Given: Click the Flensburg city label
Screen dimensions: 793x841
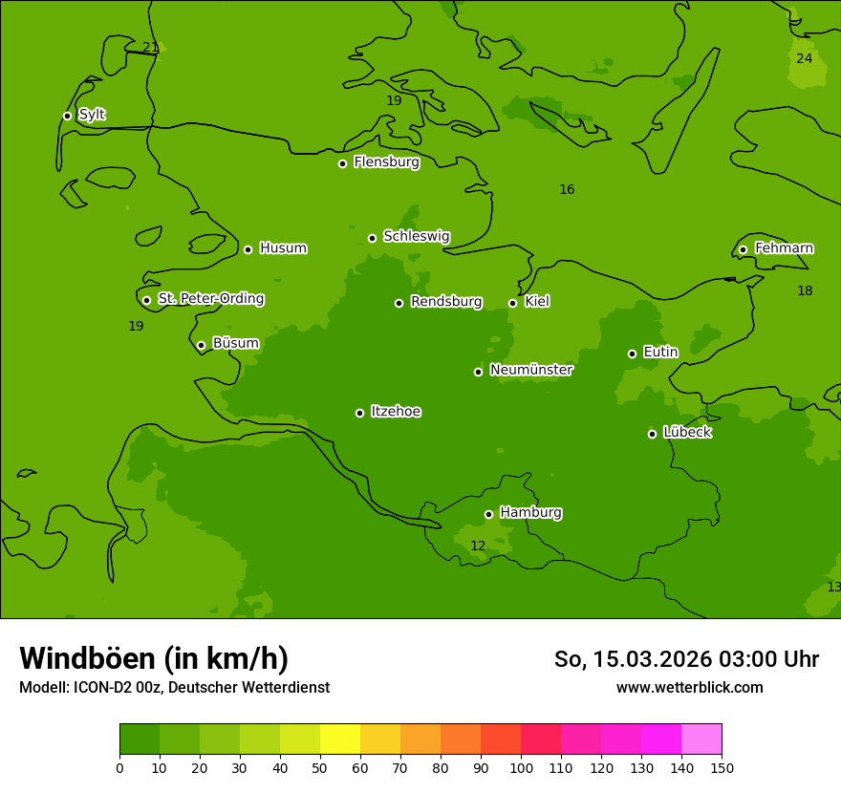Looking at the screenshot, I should [x=386, y=162].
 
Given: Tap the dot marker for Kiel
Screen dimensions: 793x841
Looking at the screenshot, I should [x=512, y=303].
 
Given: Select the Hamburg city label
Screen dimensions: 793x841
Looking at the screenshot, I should [x=530, y=513].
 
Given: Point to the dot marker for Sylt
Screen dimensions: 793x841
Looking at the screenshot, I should [x=67, y=116].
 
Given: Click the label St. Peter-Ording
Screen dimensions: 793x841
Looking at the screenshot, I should [x=210, y=299].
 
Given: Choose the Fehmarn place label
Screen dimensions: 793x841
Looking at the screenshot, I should [x=784, y=248].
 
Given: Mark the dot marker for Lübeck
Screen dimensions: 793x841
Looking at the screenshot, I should [x=652, y=434].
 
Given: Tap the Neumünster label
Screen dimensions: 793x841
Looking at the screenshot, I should [x=531, y=370].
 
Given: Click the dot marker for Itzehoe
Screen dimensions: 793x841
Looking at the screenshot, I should [x=359, y=413].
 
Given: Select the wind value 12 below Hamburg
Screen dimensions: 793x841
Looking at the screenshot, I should [x=478, y=547].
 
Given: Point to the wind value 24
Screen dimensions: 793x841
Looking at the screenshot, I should [x=805, y=58].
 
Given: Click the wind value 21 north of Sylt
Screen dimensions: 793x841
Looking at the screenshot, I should [x=150, y=48].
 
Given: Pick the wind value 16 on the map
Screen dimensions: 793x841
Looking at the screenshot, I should [x=567, y=190].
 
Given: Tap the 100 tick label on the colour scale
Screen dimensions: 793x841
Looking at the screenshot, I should [x=521, y=767].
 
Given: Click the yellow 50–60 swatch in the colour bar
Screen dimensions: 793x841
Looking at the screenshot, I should [x=340, y=739].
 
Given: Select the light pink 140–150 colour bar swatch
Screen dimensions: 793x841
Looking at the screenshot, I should [x=701, y=739].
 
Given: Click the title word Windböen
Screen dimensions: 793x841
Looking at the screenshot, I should [x=87, y=658].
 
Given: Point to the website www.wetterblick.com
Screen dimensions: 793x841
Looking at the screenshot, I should [x=689, y=688].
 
